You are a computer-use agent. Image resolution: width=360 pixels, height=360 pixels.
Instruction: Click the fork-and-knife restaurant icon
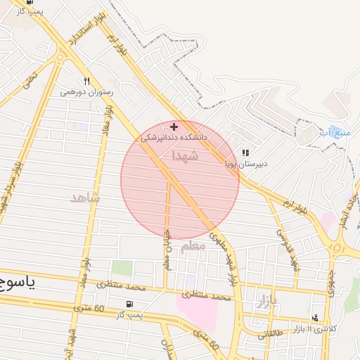coord(87,81)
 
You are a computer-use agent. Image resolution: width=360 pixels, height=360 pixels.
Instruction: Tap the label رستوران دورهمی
coord(86,92)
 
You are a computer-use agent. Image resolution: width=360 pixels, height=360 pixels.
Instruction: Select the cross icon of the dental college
coord(174,127)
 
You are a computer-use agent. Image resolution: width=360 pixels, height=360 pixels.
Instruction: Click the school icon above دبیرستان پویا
coord(245,153)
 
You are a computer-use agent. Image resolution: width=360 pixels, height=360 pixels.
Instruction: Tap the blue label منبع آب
coord(333,132)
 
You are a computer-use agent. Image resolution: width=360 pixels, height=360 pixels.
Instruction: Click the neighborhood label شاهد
coord(85,198)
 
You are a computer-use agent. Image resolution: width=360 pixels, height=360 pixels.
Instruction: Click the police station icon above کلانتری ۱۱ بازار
coord(315,318)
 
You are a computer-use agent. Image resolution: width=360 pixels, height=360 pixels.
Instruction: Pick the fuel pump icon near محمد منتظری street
coord(128,304)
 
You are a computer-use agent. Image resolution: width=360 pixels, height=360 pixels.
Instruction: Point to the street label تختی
coord(28,79)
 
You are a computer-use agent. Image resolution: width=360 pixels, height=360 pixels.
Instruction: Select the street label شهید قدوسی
coord(285,249)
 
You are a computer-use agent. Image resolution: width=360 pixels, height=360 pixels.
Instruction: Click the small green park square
coord(122,269)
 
